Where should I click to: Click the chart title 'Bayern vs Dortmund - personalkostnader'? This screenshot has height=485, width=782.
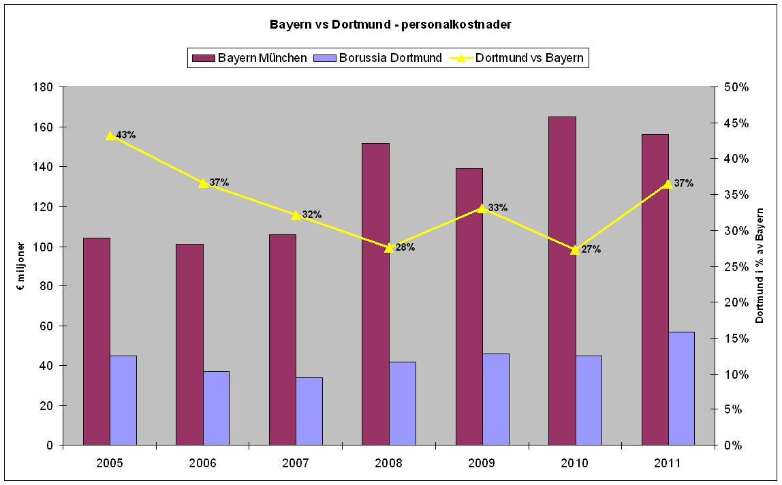[390, 25]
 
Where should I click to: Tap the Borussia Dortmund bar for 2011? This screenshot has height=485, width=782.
[681, 388]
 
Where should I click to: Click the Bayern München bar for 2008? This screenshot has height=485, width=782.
[375, 294]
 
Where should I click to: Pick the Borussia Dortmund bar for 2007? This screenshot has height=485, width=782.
[309, 411]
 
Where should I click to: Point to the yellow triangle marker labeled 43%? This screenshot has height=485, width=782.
[110, 136]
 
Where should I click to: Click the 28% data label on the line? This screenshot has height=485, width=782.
[405, 247]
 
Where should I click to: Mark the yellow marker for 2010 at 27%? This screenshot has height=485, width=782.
[575, 249]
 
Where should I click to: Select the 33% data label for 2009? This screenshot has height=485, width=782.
[498, 208]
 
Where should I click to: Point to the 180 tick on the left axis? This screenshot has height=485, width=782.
[45, 87]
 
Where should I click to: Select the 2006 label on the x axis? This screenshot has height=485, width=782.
[203, 463]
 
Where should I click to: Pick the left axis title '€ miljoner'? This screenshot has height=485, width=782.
[21, 266]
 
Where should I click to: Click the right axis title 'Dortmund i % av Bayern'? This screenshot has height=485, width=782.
[760, 266]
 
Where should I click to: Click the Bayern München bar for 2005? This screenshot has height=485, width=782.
[97, 341]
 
